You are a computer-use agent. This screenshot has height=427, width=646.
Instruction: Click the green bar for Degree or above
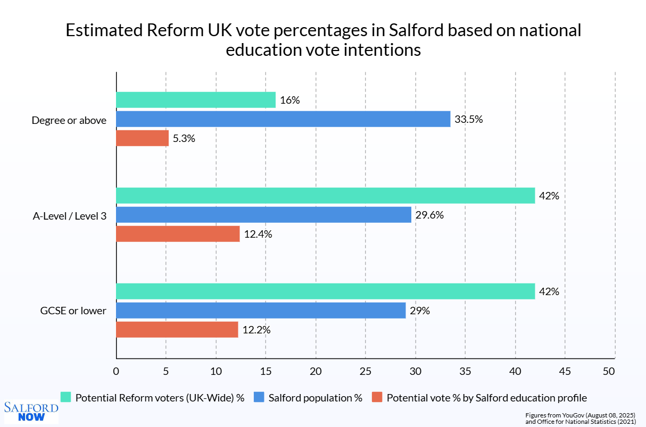(196, 100)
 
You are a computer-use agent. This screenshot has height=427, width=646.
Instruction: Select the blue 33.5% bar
(283, 119)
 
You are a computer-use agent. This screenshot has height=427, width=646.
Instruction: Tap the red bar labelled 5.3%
(142, 138)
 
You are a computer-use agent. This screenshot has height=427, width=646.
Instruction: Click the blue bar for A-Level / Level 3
(263, 215)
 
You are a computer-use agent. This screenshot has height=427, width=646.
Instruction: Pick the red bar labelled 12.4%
(178, 234)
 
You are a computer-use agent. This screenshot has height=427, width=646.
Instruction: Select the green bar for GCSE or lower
(325, 291)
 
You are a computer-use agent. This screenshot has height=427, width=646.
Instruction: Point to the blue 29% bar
(261, 311)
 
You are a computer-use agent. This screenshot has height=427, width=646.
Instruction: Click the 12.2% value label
(256, 330)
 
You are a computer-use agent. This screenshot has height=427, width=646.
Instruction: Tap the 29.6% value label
(429, 215)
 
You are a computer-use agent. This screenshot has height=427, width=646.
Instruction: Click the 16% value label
(291, 100)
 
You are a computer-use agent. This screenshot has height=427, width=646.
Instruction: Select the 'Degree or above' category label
(69, 120)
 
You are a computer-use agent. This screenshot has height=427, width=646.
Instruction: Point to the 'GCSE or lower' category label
(73, 311)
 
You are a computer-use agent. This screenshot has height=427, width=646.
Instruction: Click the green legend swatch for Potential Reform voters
(66, 397)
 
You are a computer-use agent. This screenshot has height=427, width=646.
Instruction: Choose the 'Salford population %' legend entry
(315, 397)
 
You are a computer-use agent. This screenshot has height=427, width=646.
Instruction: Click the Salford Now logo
(31, 412)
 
